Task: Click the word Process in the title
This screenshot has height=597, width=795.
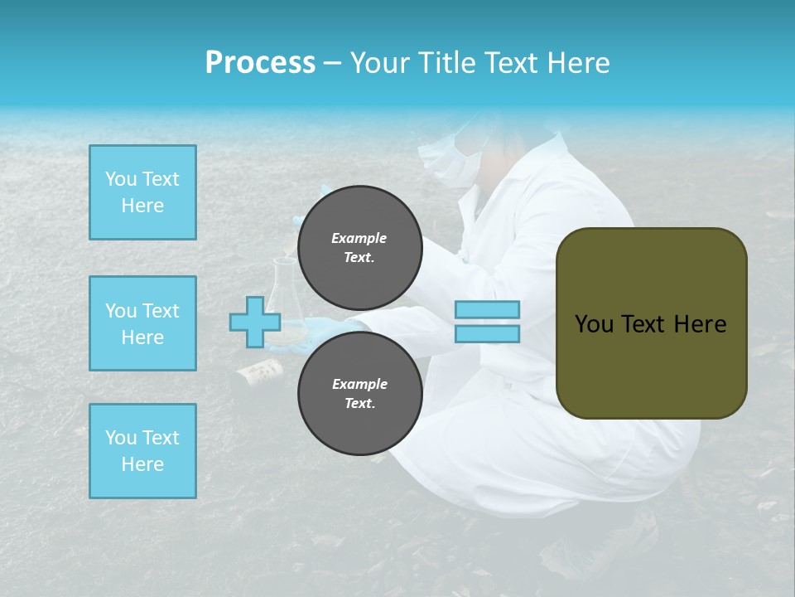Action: [x=260, y=63]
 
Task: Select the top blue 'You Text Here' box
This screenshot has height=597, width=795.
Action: [x=142, y=192]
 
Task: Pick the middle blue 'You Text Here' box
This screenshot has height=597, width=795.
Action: [x=142, y=323]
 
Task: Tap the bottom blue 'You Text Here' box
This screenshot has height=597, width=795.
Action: [x=142, y=451]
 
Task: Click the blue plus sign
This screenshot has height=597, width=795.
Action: [x=255, y=322]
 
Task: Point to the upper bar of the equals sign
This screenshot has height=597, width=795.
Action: [x=487, y=310]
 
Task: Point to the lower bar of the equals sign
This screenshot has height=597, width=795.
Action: [x=487, y=334]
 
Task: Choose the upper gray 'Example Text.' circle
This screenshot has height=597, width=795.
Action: [x=359, y=247]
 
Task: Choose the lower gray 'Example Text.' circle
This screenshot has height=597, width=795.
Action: [x=359, y=393]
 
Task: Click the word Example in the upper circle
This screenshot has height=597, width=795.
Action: [x=359, y=238]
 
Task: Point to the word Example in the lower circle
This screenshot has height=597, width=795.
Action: [x=359, y=384]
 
